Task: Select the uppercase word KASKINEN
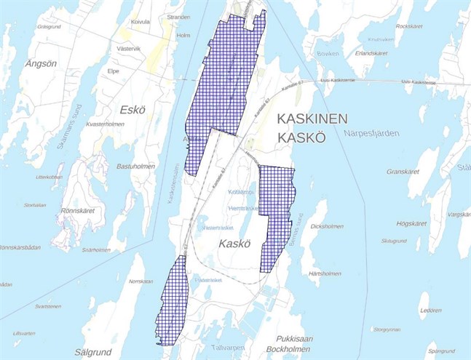[x=310, y=119]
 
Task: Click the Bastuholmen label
[x=134, y=166]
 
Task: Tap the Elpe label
[x=113, y=72]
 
